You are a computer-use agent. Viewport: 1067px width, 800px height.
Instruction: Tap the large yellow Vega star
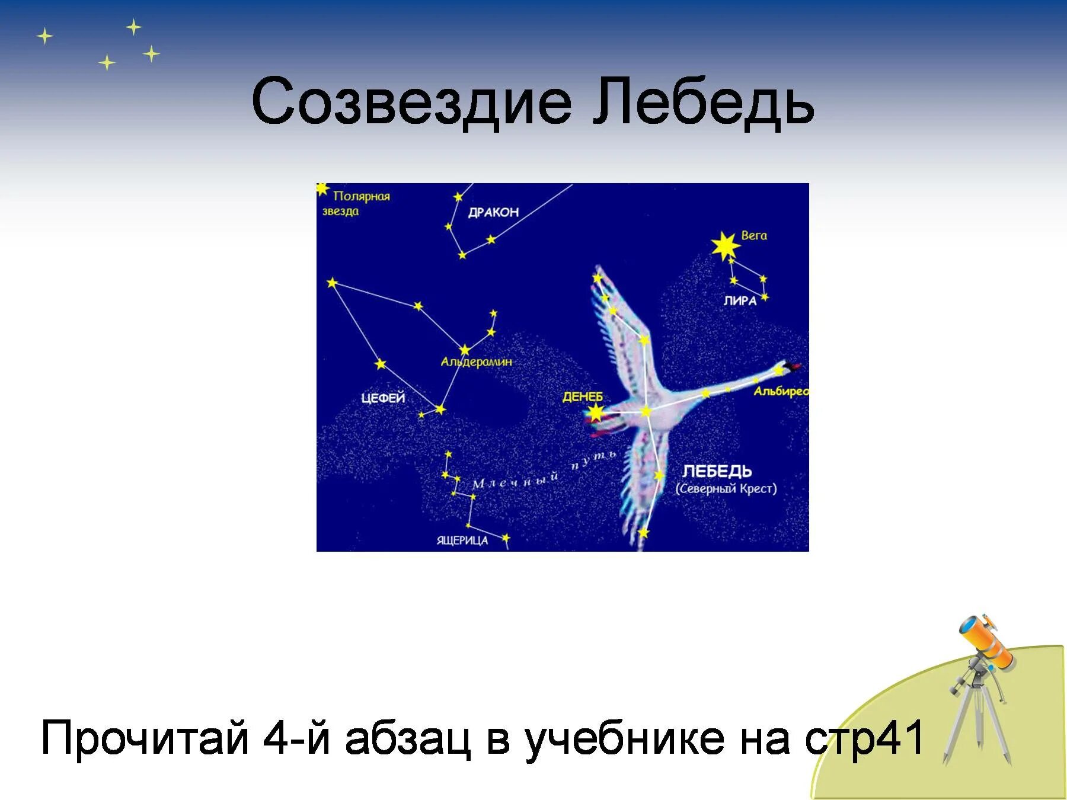coord(725,245)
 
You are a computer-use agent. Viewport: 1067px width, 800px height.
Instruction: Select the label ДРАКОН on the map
coord(493,212)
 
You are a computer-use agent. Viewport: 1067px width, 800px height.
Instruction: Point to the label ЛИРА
coord(740,301)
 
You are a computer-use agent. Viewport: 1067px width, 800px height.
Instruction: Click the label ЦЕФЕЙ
coord(383,398)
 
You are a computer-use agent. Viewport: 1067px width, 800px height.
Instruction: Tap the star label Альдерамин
coord(476,361)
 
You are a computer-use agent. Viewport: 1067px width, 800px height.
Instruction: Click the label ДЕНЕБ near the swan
coord(582,396)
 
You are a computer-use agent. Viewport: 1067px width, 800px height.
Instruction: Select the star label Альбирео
coord(781,392)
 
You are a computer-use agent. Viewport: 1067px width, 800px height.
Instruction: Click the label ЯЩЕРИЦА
coord(462,540)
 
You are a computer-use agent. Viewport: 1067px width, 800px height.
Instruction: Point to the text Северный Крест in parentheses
coord(726,489)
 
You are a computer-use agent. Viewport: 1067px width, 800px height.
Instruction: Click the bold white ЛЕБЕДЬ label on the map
coord(717,471)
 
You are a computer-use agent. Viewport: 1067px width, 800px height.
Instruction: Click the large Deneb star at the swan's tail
coord(595,413)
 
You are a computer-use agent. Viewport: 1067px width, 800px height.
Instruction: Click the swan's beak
coord(794,367)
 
